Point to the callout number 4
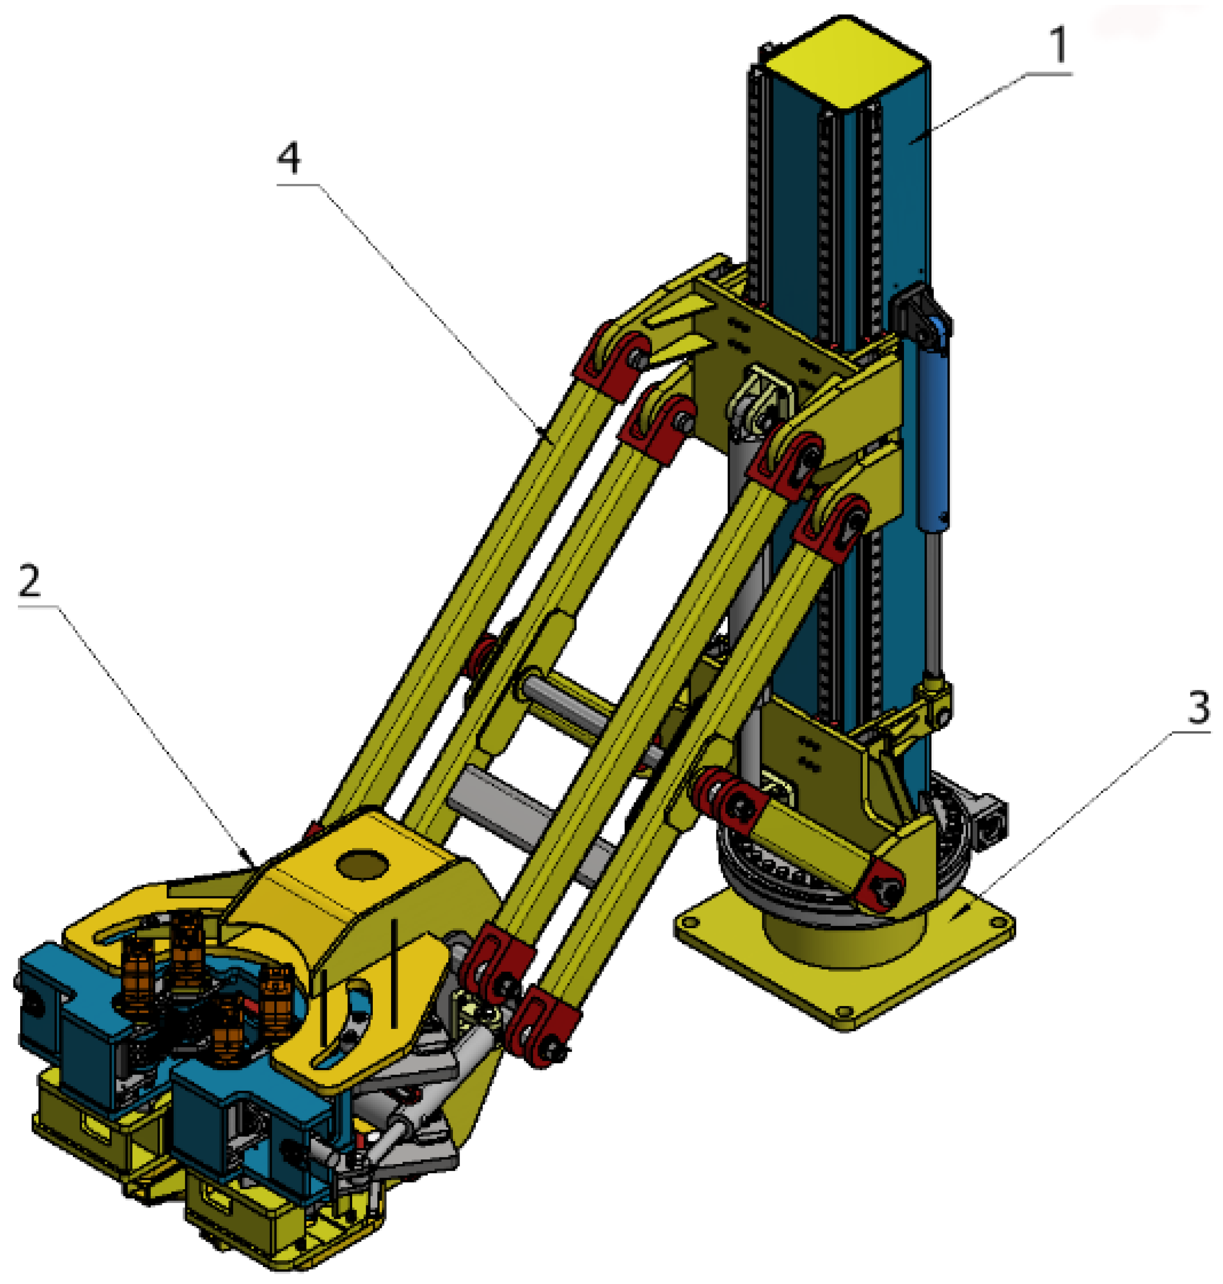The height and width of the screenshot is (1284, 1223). click(x=289, y=158)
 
